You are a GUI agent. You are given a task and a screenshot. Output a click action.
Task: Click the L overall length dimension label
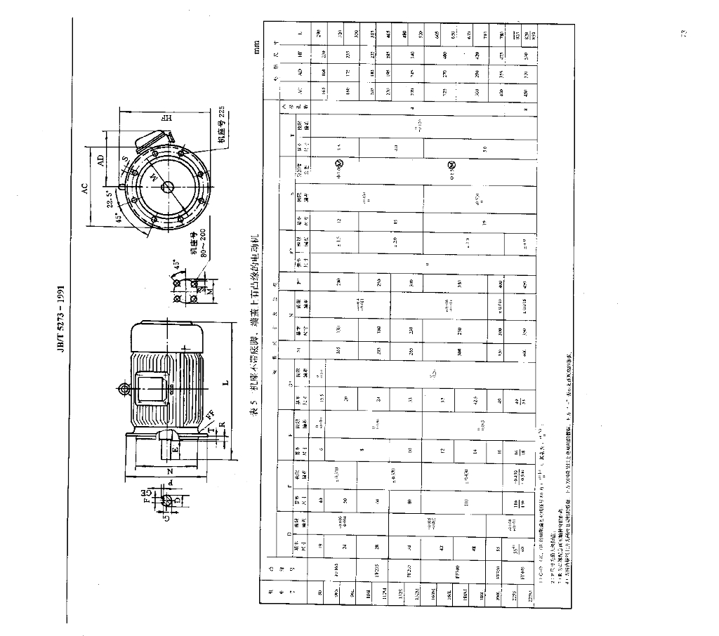226,383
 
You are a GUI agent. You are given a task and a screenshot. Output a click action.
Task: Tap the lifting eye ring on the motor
124,389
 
